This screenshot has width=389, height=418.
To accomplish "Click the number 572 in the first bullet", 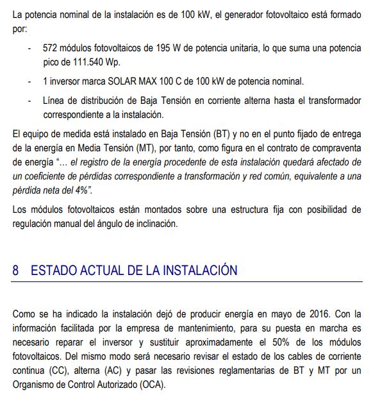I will (51, 48).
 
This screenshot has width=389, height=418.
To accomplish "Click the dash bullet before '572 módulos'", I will (29, 48).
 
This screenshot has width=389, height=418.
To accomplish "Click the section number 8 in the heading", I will (16, 271).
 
